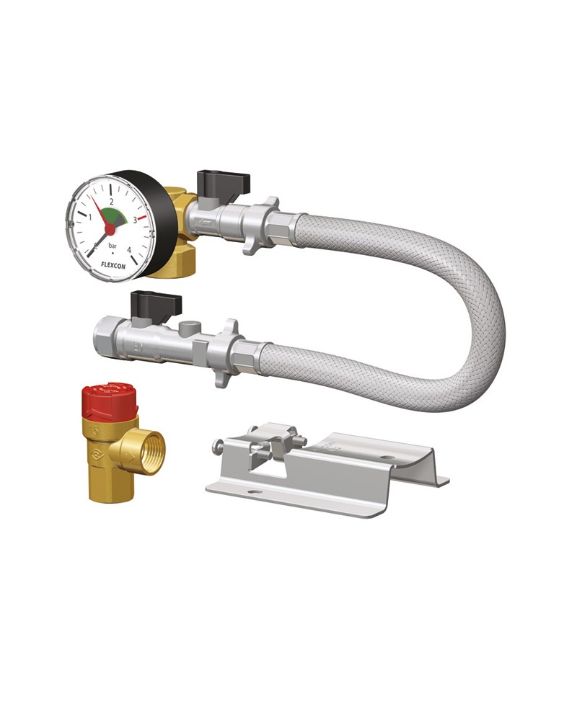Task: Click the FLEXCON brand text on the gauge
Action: [x=113, y=265]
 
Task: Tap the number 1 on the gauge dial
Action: [x=89, y=217]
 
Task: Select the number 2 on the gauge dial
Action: [x=111, y=201]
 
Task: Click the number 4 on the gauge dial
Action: [x=129, y=249]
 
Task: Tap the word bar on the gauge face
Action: [x=113, y=246]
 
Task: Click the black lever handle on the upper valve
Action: [x=223, y=181]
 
